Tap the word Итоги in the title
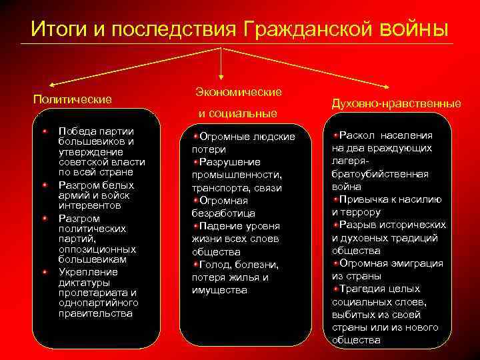[56, 29]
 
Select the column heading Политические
[72, 99]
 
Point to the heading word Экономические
[238, 91]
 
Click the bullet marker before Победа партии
[45, 130]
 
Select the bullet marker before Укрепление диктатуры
[45, 271]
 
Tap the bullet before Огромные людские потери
[195, 136]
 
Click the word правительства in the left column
[95, 313]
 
